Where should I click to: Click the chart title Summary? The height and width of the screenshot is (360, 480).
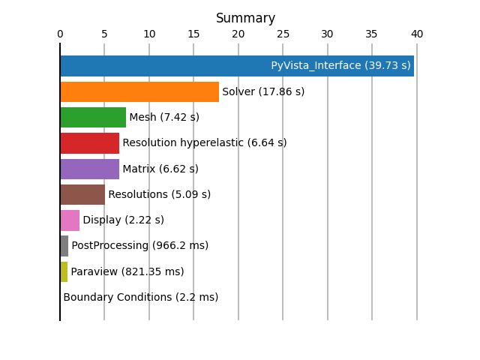pos(245,18)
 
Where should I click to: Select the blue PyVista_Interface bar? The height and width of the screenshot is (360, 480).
pos(237,66)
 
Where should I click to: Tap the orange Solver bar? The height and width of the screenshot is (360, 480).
pos(139,91)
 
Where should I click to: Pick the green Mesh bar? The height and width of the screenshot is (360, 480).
pos(93,117)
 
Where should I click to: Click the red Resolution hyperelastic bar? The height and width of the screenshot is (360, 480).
pos(90,143)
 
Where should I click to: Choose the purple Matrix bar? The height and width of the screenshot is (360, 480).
pos(90,169)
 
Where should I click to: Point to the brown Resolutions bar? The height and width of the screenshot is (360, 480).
pos(82,194)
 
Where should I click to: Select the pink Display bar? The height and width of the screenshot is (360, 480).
pos(70,220)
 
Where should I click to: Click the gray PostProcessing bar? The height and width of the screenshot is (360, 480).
pos(64,246)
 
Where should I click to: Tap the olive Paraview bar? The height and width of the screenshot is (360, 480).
pos(64,271)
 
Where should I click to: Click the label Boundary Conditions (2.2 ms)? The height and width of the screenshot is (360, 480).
pos(141,297)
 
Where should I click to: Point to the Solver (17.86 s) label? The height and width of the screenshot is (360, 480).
pos(263,91)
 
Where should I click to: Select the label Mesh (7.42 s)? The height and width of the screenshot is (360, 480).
pos(164,117)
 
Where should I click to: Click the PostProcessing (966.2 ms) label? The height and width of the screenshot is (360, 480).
pos(140,245)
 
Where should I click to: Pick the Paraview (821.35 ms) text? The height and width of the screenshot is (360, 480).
pos(127,271)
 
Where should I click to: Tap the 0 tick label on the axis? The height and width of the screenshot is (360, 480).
pos(60,34)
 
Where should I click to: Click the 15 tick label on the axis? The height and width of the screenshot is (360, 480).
pos(193,34)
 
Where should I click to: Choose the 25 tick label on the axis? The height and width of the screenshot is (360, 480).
pos(283,34)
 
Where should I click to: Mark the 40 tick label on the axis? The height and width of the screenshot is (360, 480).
pos(417,34)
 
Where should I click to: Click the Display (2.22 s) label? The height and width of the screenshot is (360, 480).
pos(123,220)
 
